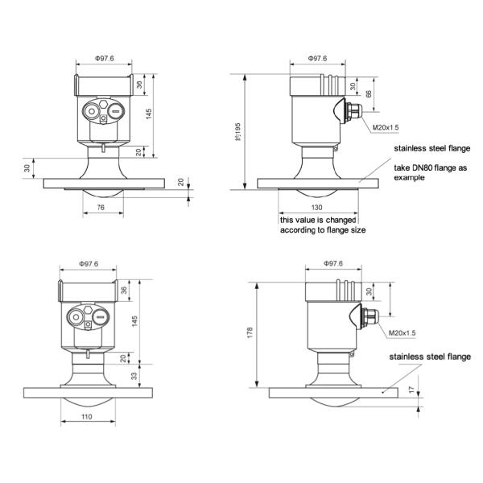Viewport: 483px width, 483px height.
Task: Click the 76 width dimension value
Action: (x=101, y=208)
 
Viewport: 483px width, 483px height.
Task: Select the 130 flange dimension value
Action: (x=317, y=208)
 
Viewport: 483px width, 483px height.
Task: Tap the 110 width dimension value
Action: (x=87, y=417)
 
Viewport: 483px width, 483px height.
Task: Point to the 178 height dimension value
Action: (x=250, y=333)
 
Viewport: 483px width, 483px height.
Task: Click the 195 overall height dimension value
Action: (x=237, y=132)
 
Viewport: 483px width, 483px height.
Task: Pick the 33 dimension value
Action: (x=134, y=376)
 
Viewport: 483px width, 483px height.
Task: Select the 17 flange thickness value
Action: (x=412, y=390)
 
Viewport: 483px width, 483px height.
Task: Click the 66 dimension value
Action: (x=369, y=93)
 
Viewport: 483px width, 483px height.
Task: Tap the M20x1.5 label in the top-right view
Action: (x=386, y=127)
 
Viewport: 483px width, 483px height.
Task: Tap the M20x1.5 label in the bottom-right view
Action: (x=402, y=333)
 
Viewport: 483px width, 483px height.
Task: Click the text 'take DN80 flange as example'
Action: (x=431, y=172)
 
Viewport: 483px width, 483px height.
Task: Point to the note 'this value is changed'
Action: (x=318, y=221)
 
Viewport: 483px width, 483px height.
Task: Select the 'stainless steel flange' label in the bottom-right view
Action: (x=430, y=357)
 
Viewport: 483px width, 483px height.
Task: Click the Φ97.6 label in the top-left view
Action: (x=104, y=58)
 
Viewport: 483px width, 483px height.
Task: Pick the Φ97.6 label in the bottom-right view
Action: (x=333, y=264)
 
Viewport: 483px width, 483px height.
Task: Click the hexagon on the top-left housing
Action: (x=104, y=104)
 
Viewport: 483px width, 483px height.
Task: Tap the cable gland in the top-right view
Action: (x=353, y=112)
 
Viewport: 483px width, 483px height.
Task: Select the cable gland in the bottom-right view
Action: (x=370, y=317)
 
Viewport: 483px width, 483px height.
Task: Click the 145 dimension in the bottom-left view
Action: (x=134, y=321)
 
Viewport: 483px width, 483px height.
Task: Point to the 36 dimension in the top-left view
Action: (x=139, y=85)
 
